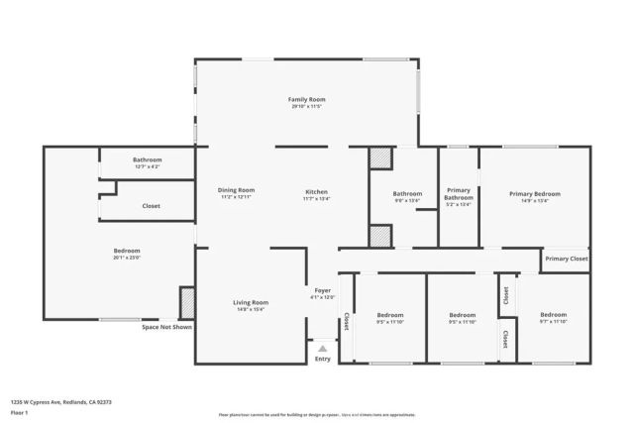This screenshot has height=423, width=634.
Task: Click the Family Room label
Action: coord(307,99)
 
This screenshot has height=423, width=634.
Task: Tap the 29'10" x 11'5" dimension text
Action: coord(307,106)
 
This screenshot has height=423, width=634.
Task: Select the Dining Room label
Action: coord(237,189)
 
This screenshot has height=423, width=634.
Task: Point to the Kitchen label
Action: coord(316,191)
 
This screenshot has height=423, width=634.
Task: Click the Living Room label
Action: coord(251,302)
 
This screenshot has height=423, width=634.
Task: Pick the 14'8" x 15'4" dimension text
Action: coord(251,309)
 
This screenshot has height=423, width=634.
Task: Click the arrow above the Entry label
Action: coord(322,348)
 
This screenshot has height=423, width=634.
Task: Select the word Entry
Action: coord(323,359)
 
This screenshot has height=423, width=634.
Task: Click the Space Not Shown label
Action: coord(166,327)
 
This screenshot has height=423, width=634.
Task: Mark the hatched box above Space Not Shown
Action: coord(186,302)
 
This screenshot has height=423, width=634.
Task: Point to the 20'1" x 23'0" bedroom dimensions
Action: coord(127,258)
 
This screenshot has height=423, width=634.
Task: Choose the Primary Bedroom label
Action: coord(535,194)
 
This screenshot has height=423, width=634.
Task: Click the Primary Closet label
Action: coord(567,259)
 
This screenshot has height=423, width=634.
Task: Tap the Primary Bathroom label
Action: coord(459,193)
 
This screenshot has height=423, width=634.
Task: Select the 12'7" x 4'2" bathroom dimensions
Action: coord(148,166)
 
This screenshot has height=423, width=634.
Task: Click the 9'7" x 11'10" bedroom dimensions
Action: coord(554,322)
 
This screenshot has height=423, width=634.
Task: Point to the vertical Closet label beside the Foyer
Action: coord(346,322)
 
